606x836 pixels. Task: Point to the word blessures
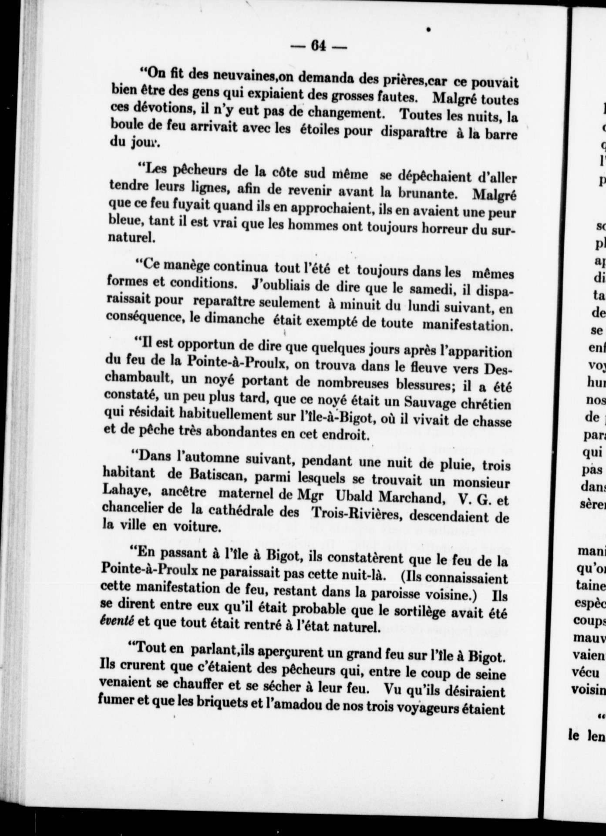[x=430, y=384]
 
